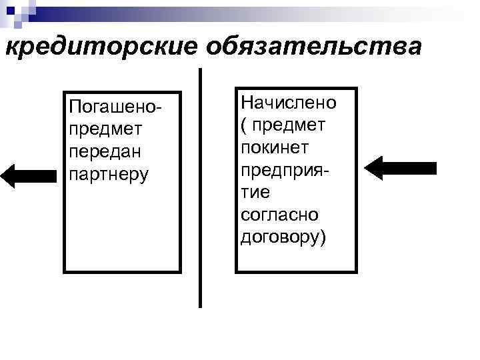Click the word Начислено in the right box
[x=289, y=103]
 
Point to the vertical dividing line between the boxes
[x=200, y=187]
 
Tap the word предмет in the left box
[x=100, y=129]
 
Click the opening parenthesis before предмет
[x=243, y=125]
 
